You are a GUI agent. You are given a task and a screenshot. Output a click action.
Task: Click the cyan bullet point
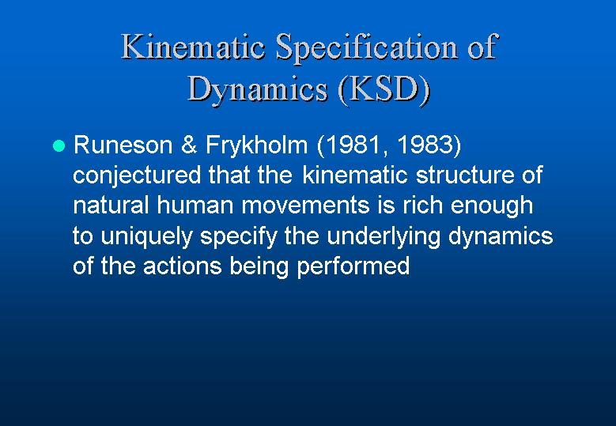coord(59,145)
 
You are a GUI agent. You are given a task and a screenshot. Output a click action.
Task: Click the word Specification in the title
coord(367,47)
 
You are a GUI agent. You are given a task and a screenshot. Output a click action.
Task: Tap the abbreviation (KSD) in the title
coord(384,89)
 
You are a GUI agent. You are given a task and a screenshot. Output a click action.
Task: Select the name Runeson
coord(123,145)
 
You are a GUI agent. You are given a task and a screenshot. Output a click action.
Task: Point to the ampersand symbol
coord(189,145)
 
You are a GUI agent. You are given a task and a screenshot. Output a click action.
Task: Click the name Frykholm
coord(256,145)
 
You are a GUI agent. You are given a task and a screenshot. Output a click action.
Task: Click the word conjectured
coord(137,175)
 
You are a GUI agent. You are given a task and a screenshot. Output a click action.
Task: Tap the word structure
coord(465,175)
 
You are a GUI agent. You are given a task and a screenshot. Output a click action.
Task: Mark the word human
coord(195,205)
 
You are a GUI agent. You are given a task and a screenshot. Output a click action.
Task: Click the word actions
coord(183,266)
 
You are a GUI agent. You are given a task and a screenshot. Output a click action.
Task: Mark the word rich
coord(422,205)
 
